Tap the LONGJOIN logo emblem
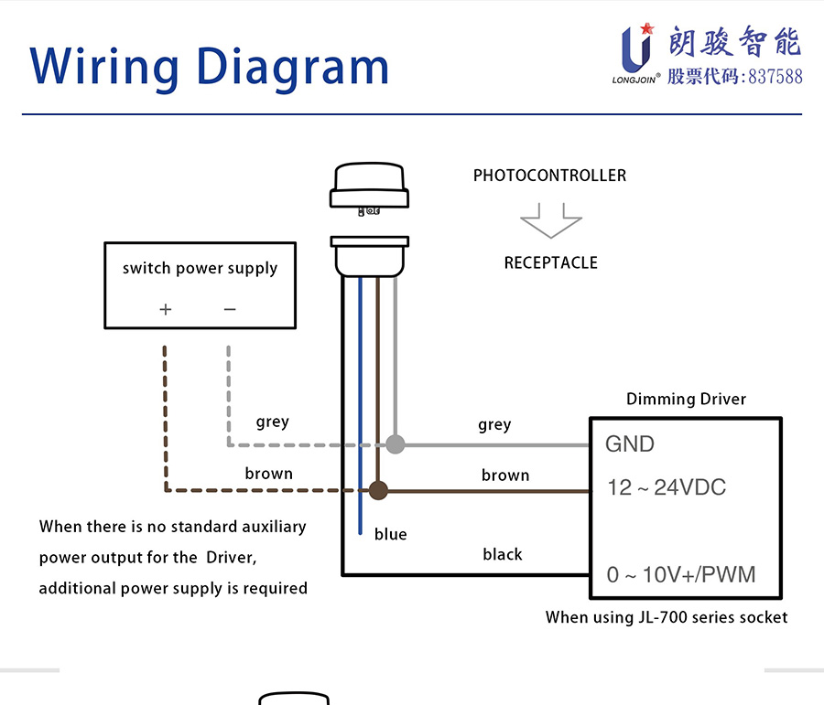point(637,48)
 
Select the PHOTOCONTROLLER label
point(549,176)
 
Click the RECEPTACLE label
point(551,262)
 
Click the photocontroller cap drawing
point(370,189)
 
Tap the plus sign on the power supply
point(166,309)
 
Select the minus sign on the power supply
point(230,309)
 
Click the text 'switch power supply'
point(200,268)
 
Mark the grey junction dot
point(396,444)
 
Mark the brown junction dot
point(378,490)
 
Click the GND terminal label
point(630,444)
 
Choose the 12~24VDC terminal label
point(667,487)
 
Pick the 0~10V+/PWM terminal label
point(681,574)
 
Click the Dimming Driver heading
point(686,399)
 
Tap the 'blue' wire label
point(390,534)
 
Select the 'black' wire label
point(503,554)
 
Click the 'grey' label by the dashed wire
point(272,422)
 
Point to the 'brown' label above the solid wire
point(505,475)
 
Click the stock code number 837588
point(775,77)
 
